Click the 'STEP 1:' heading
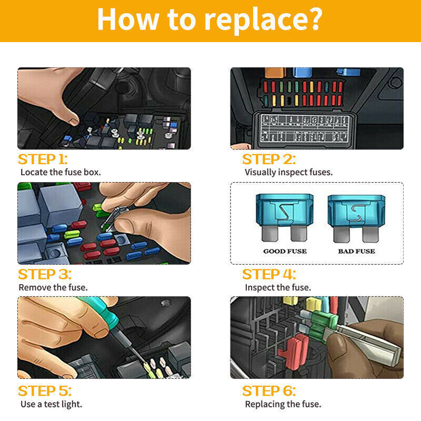pyautogui.click(x=43, y=159)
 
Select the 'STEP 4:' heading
pyautogui.click(x=269, y=274)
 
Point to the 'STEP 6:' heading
pyautogui.click(x=269, y=391)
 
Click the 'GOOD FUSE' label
pyautogui.click(x=285, y=252)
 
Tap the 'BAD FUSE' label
pyautogui.click(x=357, y=252)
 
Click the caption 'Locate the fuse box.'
pyautogui.click(x=61, y=172)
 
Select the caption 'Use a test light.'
pyautogui.click(x=51, y=404)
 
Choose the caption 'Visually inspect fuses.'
pyautogui.click(x=288, y=173)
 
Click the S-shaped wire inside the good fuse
pyautogui.click(x=285, y=212)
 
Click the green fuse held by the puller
pyautogui.click(x=322, y=327)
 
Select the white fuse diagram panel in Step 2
pyautogui.click(x=305, y=128)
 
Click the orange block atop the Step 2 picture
pyautogui.click(x=274, y=72)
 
